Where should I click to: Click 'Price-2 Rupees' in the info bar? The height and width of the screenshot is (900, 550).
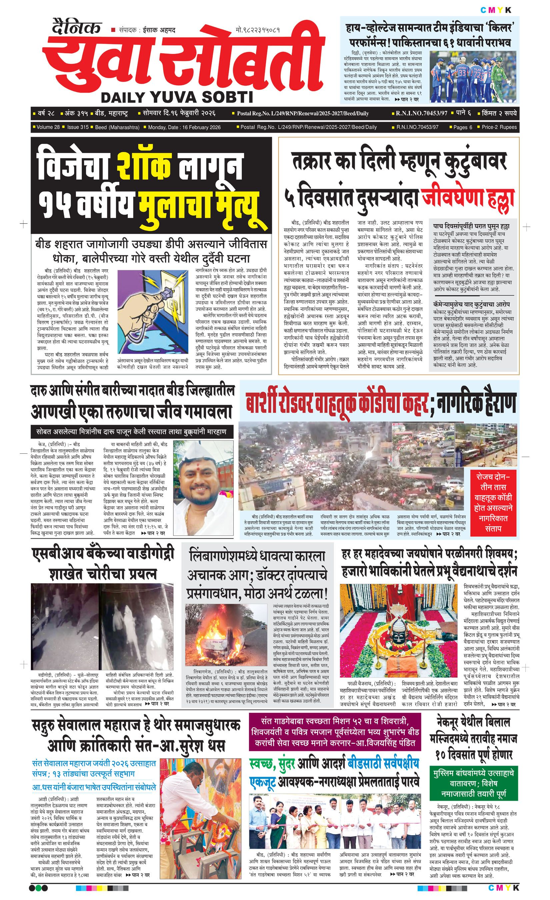tap(499, 127)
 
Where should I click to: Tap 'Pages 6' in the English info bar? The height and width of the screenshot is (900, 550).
tap(463, 127)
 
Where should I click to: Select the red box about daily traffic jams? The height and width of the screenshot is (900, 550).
tap(493, 502)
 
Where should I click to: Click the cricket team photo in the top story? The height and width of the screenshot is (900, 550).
tap(473, 77)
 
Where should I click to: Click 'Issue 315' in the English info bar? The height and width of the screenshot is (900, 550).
tap(78, 127)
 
